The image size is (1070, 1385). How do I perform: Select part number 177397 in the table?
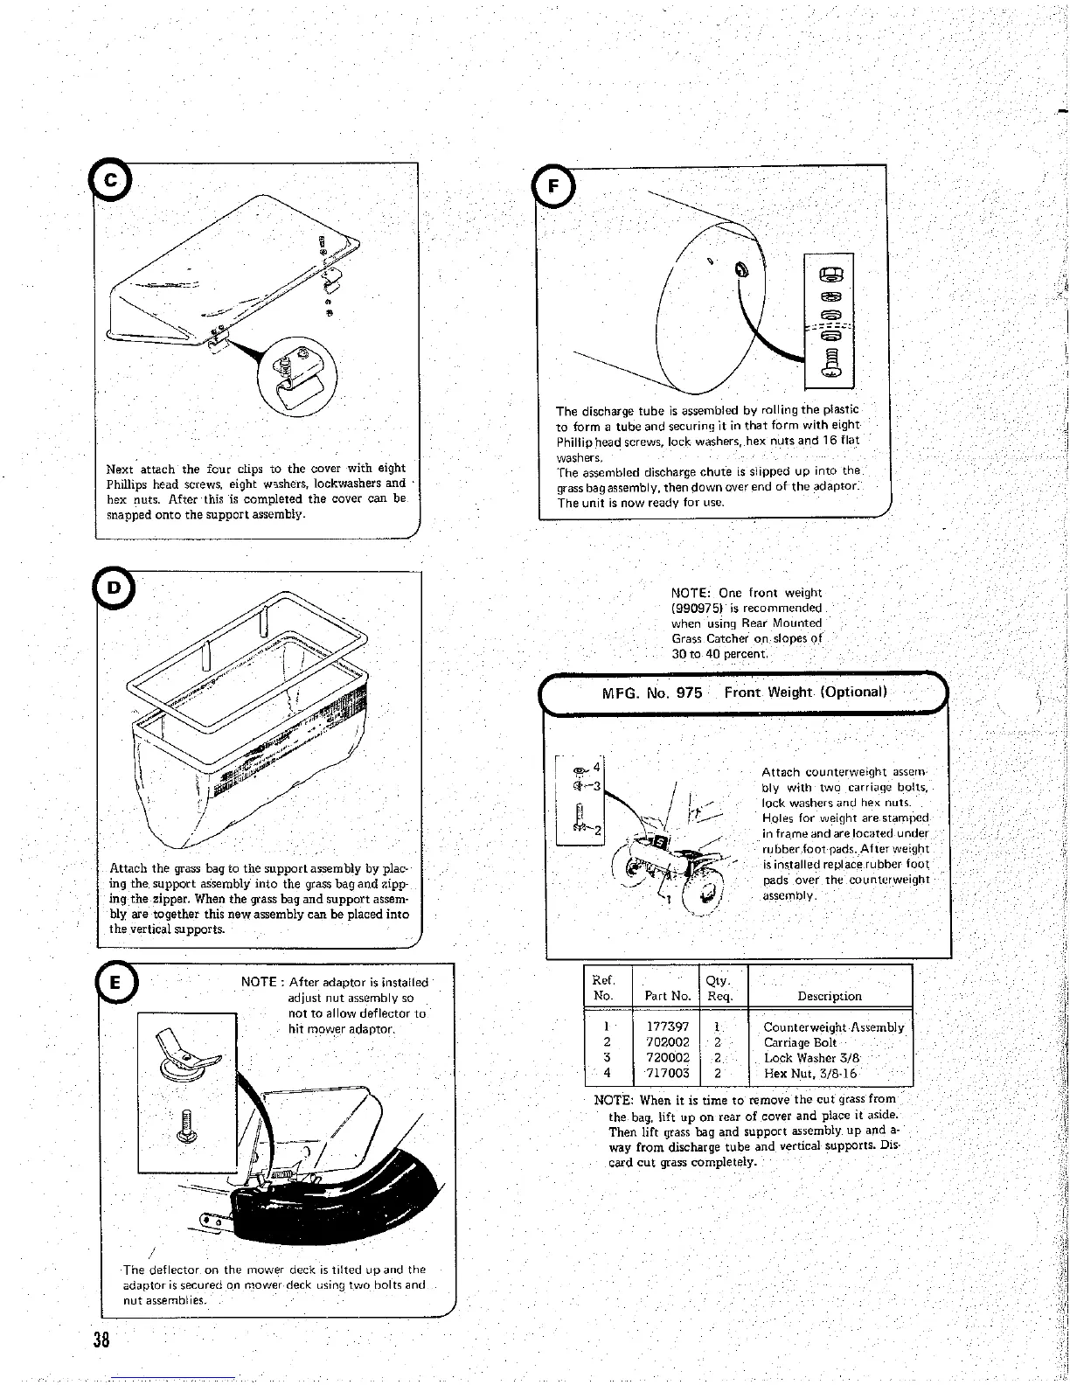pos(667,1027)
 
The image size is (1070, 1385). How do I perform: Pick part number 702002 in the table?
pos(667,1042)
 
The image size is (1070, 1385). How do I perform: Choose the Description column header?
pos(830,996)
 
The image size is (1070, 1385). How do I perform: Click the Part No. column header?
pos(667,996)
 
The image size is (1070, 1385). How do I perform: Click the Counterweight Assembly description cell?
pos(833,1027)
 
